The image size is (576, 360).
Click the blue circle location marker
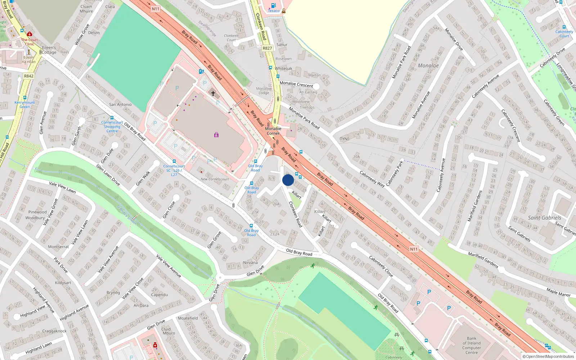point(288,180)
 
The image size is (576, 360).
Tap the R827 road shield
point(267,48)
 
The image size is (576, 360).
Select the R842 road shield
point(28,76)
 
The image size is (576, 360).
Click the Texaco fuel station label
point(274,10)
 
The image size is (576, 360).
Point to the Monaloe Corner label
point(273,131)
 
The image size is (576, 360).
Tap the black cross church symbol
point(213,94)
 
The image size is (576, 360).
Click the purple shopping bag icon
point(216,135)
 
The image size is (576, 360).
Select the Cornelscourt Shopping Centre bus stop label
point(112,126)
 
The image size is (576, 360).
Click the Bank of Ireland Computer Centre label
point(472,345)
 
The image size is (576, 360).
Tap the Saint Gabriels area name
point(544,218)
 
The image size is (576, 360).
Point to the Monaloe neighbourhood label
point(428,66)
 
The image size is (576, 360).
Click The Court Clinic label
point(29,42)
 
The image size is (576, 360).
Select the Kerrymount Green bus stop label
point(24,104)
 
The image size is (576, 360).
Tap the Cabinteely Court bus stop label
point(564,33)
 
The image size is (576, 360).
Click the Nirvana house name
point(250,262)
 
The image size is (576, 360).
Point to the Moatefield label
point(188,318)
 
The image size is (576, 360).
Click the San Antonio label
point(120,104)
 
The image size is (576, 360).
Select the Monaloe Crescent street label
point(296,84)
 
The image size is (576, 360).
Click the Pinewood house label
point(37,212)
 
